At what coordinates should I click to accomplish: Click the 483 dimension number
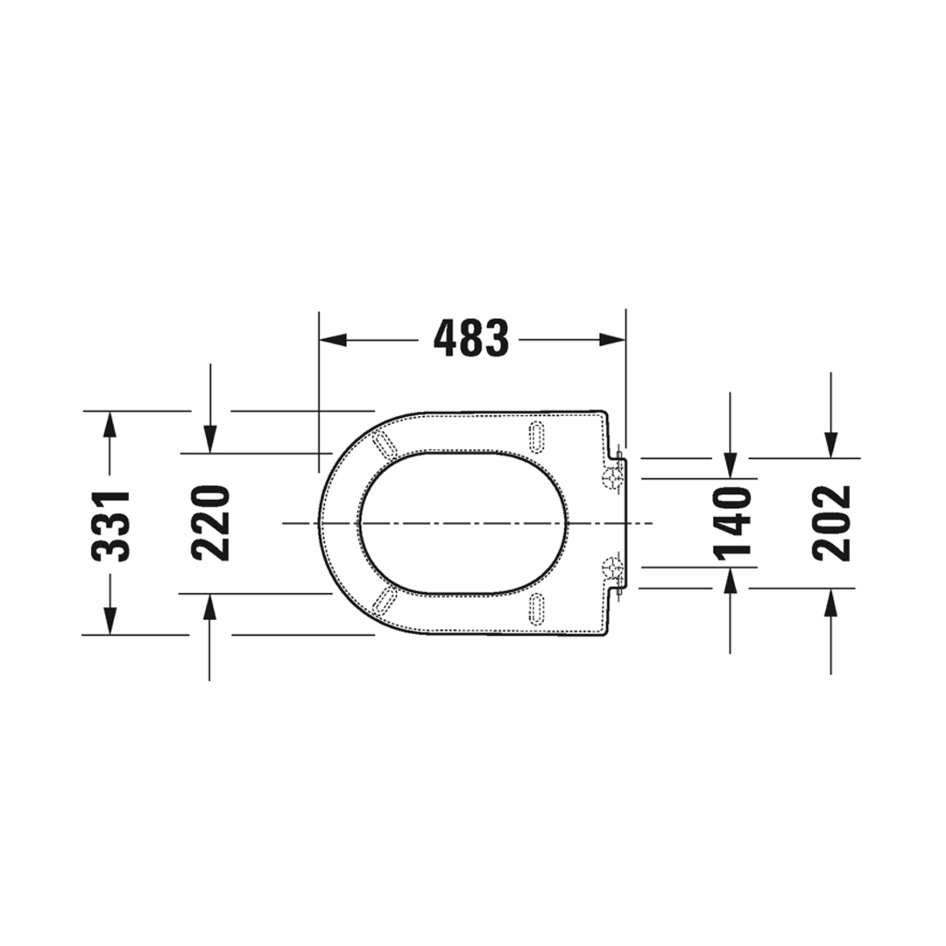pos(472,338)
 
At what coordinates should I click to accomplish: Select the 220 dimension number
pos(210,524)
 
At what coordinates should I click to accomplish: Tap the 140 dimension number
pos(731,522)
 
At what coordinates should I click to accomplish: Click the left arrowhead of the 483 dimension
pos(333,340)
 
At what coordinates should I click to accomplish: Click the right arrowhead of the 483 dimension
pos(612,340)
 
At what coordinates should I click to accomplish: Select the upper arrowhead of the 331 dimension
pos(109,425)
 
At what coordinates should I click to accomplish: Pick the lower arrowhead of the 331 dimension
pos(109,621)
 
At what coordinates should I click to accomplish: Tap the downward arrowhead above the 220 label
pos(210,439)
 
